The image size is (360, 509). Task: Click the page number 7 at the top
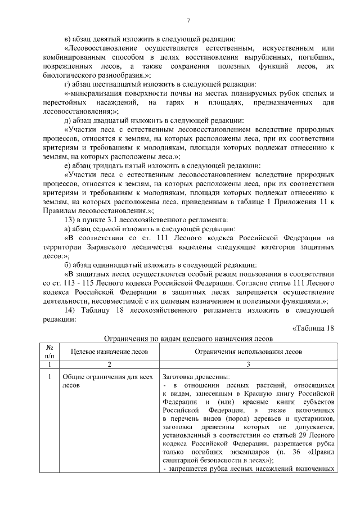coord(189,21)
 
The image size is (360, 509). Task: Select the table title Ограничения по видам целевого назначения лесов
coord(189,339)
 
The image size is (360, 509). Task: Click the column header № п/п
coord(50,352)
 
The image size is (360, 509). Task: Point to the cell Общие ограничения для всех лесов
coord(99,381)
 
